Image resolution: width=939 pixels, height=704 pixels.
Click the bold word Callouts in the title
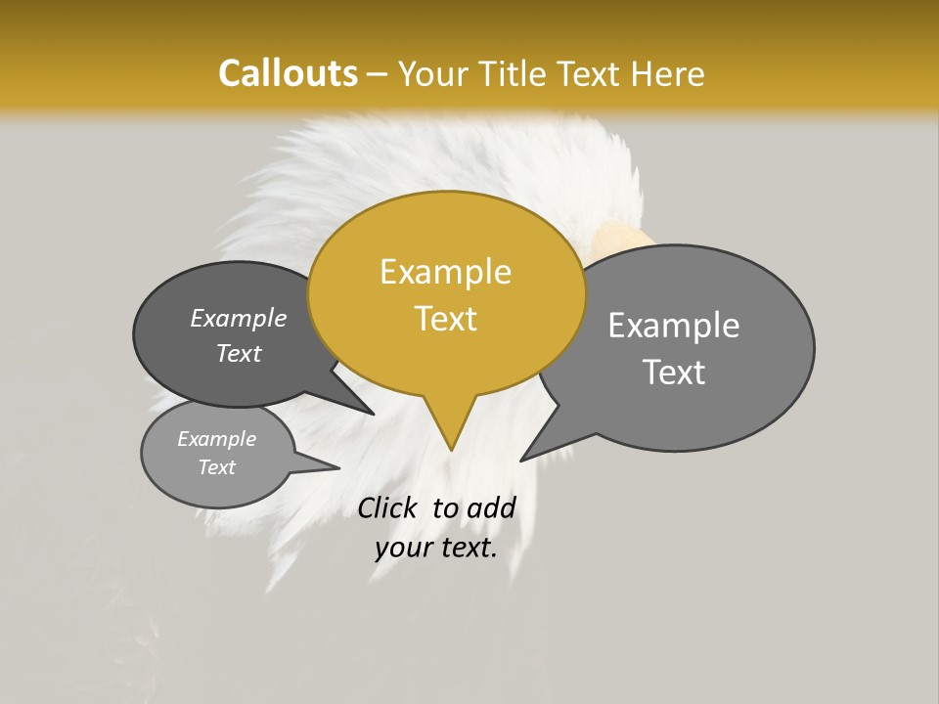click(x=288, y=73)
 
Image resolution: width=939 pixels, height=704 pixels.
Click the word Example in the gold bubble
click(x=445, y=272)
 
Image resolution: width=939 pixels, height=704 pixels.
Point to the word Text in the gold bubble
click(x=445, y=319)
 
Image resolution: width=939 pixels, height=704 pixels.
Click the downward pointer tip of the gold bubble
click(x=451, y=449)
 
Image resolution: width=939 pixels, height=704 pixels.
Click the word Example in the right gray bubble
click(x=674, y=326)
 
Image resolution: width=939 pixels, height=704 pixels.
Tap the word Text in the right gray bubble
click(x=674, y=373)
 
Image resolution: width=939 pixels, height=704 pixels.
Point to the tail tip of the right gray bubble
click(x=521, y=460)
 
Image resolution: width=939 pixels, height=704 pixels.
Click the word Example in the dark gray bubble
click(x=239, y=319)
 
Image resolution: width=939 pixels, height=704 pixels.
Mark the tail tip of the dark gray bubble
click(x=374, y=414)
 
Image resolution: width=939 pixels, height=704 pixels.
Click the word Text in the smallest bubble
click(x=217, y=467)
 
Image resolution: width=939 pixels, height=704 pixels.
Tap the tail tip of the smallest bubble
click(x=338, y=468)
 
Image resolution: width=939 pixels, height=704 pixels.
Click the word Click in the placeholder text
click(x=386, y=507)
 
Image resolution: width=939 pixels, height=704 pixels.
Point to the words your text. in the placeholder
click(x=436, y=549)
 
